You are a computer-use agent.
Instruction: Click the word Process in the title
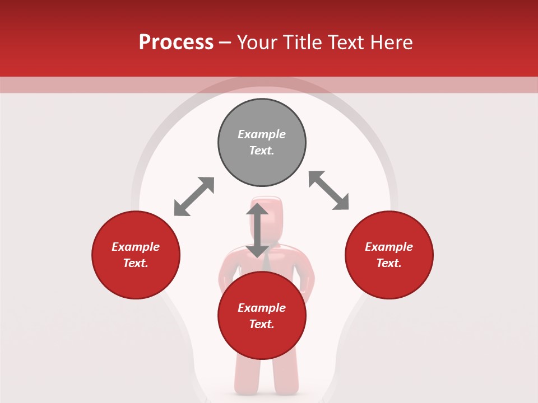pos(176,43)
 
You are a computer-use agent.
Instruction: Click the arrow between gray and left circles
pos(194,196)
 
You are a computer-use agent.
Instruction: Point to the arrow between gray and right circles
pos(329,190)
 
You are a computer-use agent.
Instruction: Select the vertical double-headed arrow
pos(257,230)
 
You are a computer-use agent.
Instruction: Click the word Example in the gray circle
pos(262,134)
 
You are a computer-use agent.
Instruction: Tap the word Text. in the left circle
pos(136,263)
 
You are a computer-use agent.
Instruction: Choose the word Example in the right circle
pos(389,247)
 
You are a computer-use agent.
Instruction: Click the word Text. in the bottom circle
pos(262,324)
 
